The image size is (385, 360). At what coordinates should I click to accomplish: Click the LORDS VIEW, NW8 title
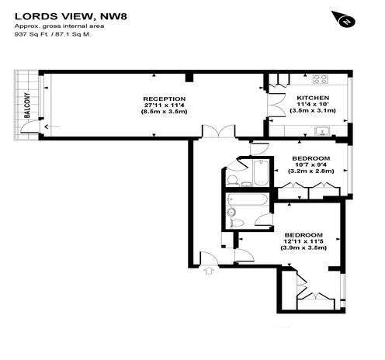71,16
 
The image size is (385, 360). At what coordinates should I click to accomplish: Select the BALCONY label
27,106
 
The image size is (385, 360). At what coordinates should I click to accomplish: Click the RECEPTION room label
165,99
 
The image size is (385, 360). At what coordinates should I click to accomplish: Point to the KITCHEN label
313,98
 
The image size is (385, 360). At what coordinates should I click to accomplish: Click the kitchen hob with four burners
321,79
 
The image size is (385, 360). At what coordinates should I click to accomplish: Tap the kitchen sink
322,131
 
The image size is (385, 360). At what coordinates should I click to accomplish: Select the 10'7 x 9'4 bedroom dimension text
310,164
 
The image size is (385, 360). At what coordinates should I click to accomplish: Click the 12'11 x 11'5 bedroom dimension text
303,241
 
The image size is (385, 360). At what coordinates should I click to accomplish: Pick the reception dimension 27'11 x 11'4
165,106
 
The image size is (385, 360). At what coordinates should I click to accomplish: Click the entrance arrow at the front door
209,271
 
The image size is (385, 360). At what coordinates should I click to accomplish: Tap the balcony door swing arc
29,126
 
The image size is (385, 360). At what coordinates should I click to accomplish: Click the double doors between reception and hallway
219,130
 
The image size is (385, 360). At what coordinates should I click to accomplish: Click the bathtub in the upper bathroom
260,173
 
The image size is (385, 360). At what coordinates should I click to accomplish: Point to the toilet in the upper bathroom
231,180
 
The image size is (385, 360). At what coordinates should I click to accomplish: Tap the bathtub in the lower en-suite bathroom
247,200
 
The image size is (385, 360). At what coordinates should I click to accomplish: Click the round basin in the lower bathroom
231,212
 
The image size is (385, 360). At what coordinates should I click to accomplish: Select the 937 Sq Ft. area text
32,34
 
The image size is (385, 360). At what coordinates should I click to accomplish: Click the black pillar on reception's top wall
189,78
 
